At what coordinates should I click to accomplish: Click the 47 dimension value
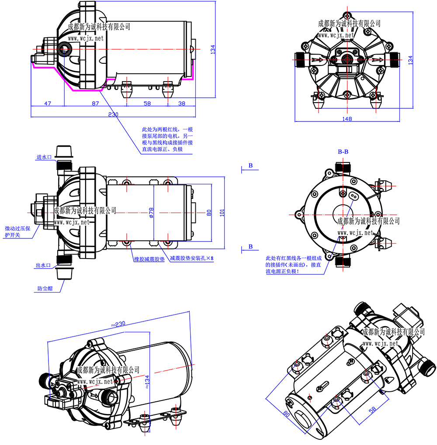point(48,103)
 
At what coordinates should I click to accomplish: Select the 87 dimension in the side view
point(95,103)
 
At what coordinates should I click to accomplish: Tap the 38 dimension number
point(182,103)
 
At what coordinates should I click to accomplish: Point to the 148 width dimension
point(347,119)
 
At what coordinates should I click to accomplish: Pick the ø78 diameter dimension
point(151,213)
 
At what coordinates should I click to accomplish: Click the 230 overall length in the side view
point(113,114)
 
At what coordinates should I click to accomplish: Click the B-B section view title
point(343,152)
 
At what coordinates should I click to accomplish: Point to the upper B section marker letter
point(250,166)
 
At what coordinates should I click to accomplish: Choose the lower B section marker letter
point(250,246)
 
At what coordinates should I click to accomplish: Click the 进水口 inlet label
point(45,157)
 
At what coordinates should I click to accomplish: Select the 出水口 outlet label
point(44,266)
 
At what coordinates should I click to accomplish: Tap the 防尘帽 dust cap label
point(44,289)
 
